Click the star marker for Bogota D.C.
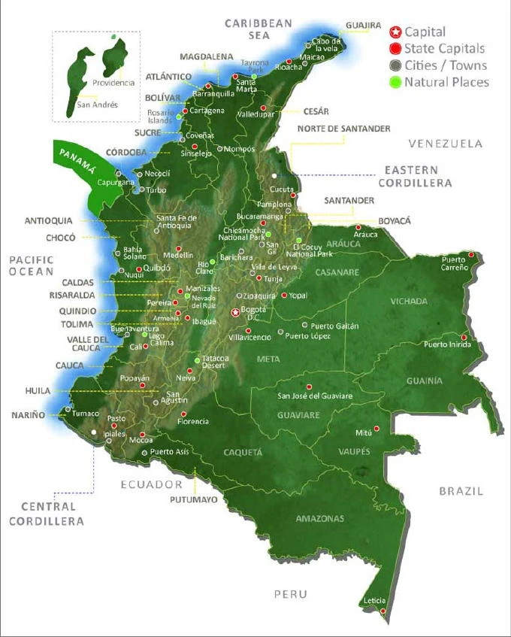236,312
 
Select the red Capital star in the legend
395,32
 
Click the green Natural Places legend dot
395,82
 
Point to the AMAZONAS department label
319,519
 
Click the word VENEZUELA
444,143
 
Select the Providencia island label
113,83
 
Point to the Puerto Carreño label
454,263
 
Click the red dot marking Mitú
376,428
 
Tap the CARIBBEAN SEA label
259,29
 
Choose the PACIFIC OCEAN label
32,265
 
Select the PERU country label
290,594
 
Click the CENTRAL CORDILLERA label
52,514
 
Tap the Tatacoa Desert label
215,362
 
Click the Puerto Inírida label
447,344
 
